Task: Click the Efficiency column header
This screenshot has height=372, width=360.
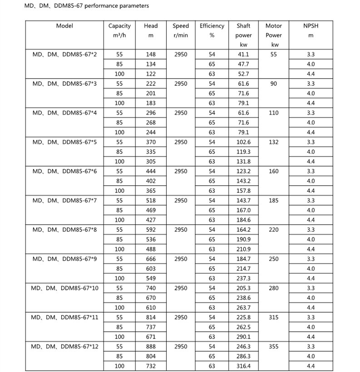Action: tap(212, 26)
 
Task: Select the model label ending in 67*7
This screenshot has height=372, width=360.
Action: tap(64, 201)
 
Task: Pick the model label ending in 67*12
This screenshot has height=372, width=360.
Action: tap(64, 347)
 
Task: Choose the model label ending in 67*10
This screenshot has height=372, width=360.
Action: tap(64, 288)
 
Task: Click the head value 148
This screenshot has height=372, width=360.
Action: tap(151, 54)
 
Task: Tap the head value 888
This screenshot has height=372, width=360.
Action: tap(151, 347)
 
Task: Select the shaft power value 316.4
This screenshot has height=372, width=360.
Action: tap(243, 366)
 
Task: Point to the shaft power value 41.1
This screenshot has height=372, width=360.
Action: tap(243, 54)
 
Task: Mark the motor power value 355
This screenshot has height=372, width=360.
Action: tap(273, 347)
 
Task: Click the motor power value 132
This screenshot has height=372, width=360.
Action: tap(273, 142)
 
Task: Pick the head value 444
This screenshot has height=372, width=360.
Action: tap(151, 171)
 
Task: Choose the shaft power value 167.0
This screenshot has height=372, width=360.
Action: tap(243, 210)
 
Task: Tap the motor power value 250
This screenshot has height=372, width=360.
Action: tap(273, 259)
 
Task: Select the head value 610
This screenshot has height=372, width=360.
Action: tap(151, 308)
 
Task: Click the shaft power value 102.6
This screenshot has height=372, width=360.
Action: tap(243, 142)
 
